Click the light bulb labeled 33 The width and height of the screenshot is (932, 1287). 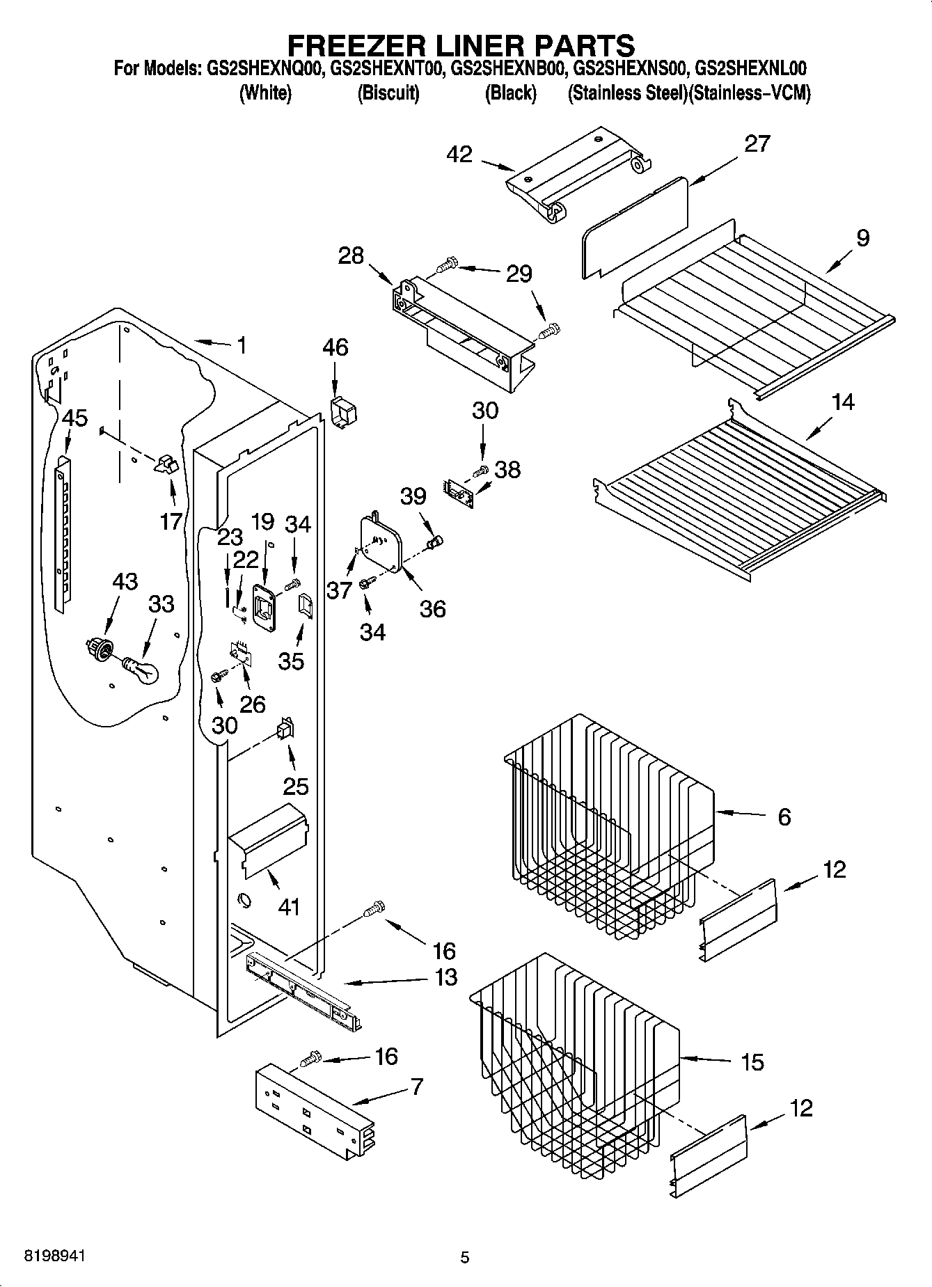(x=143, y=670)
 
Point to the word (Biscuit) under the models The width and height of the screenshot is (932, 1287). (x=388, y=93)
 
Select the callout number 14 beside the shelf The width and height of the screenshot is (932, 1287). (x=843, y=402)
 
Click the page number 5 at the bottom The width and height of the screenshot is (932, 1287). (x=465, y=1257)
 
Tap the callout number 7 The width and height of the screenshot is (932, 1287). (x=417, y=1086)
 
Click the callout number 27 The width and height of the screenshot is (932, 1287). (x=757, y=143)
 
